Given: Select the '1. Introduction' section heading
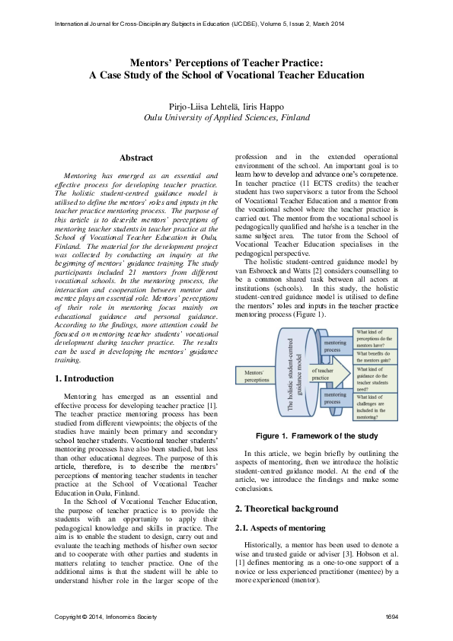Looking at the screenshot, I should [x=85, y=378].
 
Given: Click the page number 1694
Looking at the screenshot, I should [x=392, y=616].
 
